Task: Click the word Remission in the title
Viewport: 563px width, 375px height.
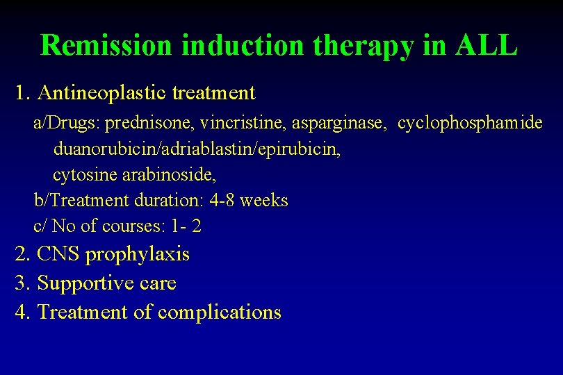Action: [106, 46]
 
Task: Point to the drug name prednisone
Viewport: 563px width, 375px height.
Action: [149, 124]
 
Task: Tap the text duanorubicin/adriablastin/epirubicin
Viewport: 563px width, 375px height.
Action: [197, 149]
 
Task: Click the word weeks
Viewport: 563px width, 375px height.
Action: [263, 201]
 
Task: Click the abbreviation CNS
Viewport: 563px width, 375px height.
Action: [58, 254]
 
